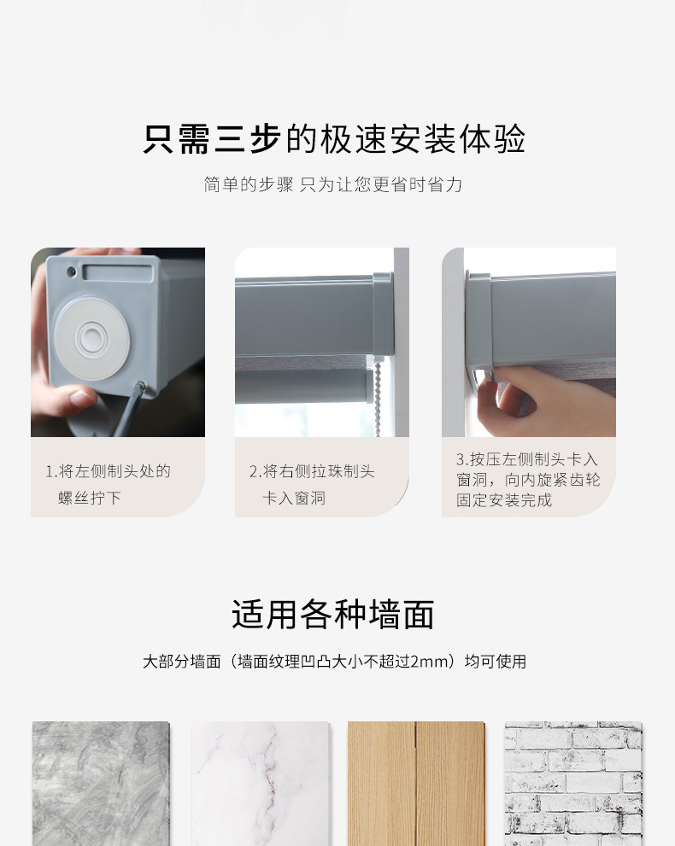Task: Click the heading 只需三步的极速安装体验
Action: pos(334,139)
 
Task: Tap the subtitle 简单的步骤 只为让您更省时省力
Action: pos(333,184)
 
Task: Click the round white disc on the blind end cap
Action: pos(91,339)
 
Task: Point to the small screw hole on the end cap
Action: pos(71,271)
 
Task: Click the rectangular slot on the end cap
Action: pos(118,272)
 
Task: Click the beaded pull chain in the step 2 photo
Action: pos(378,397)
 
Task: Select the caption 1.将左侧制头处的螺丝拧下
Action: pos(108,484)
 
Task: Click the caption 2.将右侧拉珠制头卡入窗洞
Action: pos(312,484)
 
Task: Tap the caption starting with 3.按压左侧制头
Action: pos(528,480)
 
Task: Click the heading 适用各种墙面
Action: pos(333,615)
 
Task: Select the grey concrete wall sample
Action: pos(101,784)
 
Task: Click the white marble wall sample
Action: pos(261,784)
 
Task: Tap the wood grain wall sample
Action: pos(416,784)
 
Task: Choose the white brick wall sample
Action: pos(573,784)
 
